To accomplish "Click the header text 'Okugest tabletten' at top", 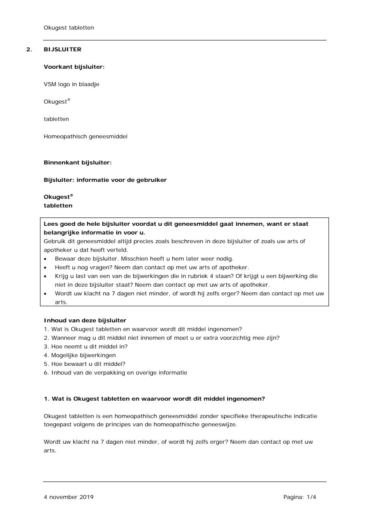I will coord(69,28).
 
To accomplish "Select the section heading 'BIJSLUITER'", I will coord(62,50).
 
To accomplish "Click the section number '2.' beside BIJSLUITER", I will coord(29,50).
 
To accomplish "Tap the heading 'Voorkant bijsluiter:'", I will coord(74,67).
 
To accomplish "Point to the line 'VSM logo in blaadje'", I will coord(71,84).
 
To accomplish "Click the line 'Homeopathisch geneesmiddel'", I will coord(85,137).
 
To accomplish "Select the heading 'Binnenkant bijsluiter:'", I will coord(77,163).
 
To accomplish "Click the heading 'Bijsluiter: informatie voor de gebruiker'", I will coord(105,180).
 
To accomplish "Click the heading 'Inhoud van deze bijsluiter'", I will coord(85,321).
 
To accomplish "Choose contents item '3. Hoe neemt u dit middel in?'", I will coord(86,347).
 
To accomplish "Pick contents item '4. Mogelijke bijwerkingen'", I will coord(80,355).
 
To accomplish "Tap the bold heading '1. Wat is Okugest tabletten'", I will coord(154,398).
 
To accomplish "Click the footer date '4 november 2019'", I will coord(68,497).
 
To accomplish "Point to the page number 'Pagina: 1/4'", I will coord(299,497).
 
